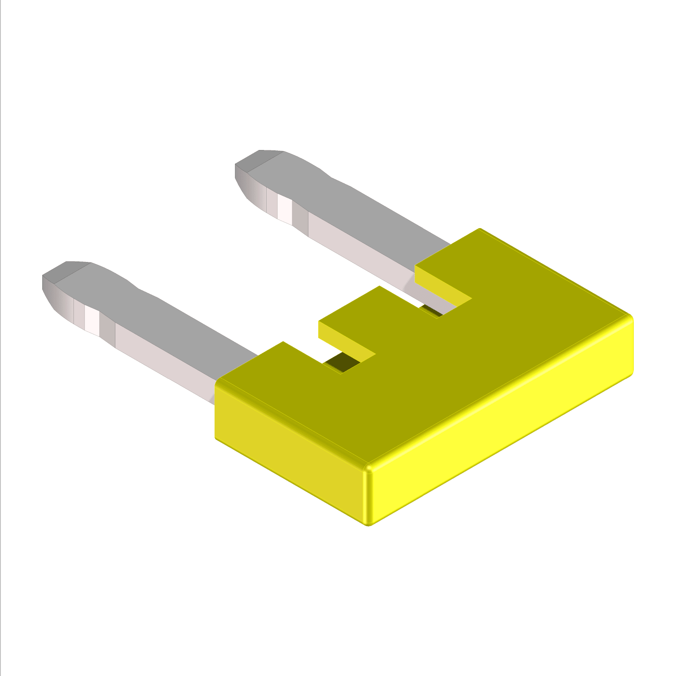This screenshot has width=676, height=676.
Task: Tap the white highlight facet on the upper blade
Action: pyautogui.click(x=284, y=210)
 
